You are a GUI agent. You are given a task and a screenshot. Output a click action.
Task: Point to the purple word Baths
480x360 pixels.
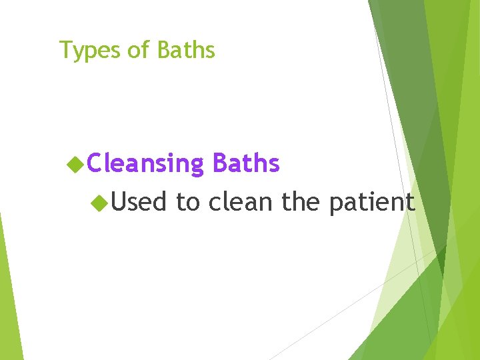(245, 163)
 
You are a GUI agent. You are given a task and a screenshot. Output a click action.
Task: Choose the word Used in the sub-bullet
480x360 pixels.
(139, 201)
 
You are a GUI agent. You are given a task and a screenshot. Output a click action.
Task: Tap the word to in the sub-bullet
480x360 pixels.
(188, 201)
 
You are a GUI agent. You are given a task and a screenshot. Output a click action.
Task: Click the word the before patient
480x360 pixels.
(302, 201)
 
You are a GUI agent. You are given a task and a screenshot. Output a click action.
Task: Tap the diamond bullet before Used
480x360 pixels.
(100, 201)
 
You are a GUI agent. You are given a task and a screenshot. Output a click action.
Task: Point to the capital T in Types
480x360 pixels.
(65, 50)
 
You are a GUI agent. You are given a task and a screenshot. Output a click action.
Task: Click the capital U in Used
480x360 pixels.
(119, 201)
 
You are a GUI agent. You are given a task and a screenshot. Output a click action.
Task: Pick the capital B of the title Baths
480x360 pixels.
(164, 50)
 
